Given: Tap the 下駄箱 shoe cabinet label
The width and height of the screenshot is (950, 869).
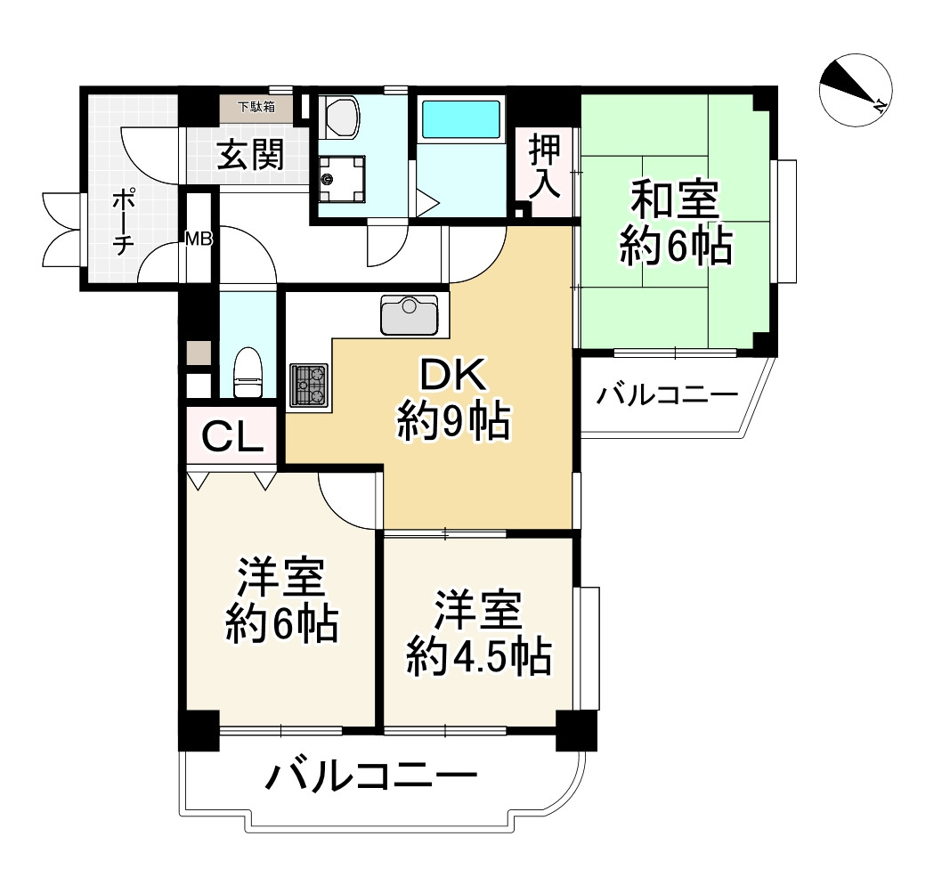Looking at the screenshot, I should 256,108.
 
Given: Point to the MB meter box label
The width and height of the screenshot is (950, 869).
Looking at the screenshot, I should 197,238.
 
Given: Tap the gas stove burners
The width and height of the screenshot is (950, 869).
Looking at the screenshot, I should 308,385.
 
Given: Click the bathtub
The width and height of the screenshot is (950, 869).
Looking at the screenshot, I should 460,118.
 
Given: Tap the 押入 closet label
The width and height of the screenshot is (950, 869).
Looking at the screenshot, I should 543,166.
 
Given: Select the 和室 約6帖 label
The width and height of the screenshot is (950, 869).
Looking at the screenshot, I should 675,223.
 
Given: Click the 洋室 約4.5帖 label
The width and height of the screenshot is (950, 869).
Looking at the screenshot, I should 477,637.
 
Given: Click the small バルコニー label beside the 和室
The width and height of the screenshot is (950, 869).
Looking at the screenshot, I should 667,394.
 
